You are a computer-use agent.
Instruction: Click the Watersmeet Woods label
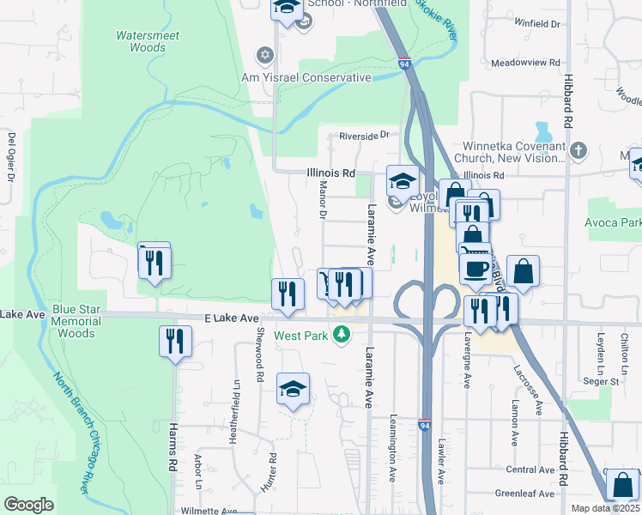pos(141,41)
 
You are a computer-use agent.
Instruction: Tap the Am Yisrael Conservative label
pos(306,77)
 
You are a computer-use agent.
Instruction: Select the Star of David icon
pos(264,56)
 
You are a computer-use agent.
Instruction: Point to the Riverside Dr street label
pos(364,135)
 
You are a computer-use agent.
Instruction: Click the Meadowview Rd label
pos(526,63)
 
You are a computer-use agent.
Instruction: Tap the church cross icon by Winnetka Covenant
pos(578,151)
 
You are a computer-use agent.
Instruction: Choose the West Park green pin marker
pos(342,334)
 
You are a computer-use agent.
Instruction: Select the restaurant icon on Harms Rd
pos(175,342)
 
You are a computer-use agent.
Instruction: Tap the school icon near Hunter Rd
pos(293,388)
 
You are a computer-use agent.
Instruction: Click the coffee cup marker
pos(475,269)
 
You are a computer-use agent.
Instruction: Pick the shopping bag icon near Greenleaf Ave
pos(622,485)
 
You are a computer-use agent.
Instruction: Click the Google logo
pos(29,504)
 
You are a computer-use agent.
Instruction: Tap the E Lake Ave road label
pos(232,318)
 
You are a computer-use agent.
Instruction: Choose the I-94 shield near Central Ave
pos(425,424)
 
